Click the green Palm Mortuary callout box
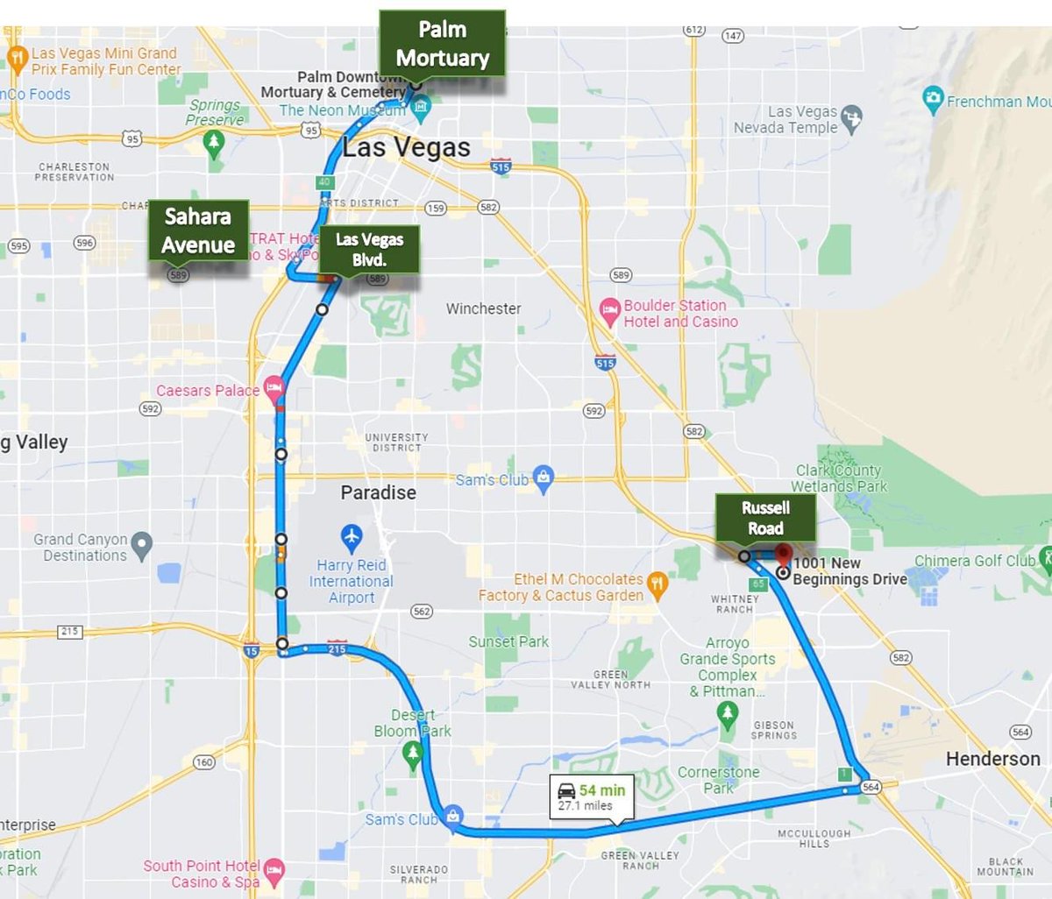442,43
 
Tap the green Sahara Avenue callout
198,230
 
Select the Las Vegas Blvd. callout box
369,249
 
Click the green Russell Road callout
765,518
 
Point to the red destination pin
783,555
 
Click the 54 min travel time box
592,796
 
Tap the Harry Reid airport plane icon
352,535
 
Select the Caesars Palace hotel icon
274,388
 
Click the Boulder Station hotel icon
609,311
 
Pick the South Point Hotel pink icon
274,870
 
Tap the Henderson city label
992,759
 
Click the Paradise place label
378,492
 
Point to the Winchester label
483,308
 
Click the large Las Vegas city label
407,147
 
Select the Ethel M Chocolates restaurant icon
657,583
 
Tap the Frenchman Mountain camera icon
933,98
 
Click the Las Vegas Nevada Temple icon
850,117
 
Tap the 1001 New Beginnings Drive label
849,571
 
